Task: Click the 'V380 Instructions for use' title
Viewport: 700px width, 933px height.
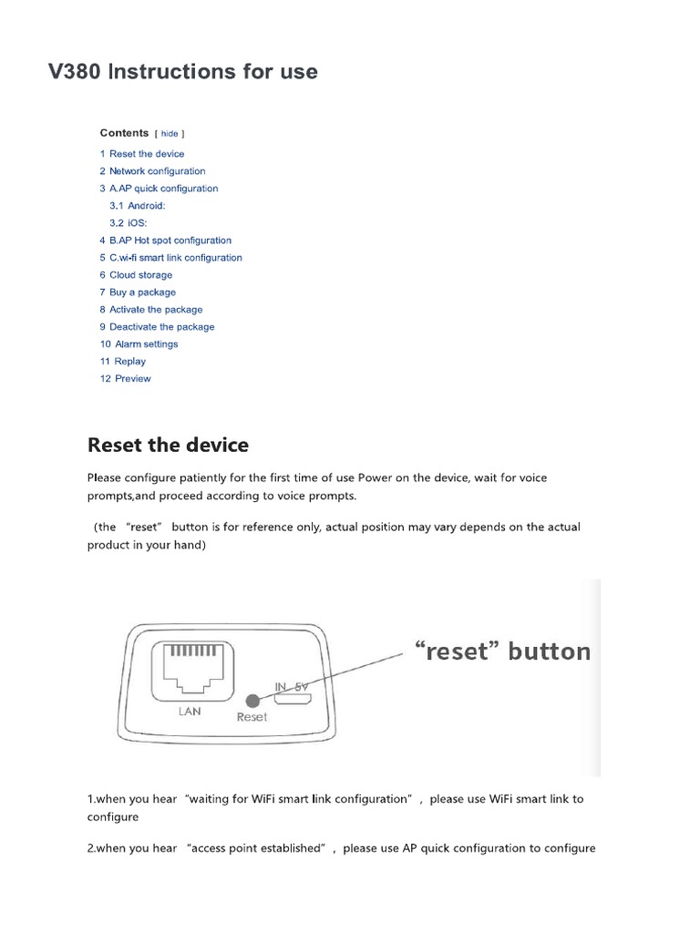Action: [x=183, y=71]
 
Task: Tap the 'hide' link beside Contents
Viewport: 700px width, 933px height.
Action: [x=170, y=133]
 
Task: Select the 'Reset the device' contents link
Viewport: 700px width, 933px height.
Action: [x=146, y=154]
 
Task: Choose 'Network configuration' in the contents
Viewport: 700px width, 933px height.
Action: [x=157, y=171]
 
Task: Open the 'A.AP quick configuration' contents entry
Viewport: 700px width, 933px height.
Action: [x=163, y=189]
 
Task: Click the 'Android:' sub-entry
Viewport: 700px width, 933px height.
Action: [x=146, y=206]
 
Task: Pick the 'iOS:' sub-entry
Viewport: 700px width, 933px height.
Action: [x=137, y=223]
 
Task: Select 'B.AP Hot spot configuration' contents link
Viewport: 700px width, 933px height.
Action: [x=170, y=241]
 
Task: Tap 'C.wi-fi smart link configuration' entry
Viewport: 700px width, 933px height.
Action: [x=175, y=258]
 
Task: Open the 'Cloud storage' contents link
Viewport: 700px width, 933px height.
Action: [x=140, y=275]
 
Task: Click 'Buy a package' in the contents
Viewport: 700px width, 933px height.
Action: [x=142, y=292]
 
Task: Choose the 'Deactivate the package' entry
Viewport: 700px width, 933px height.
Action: [x=161, y=327]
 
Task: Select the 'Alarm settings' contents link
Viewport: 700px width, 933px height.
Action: [x=146, y=344]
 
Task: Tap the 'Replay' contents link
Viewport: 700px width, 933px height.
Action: [x=129, y=362]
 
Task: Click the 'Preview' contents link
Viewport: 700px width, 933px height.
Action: [x=132, y=379]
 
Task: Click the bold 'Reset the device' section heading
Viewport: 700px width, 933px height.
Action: [x=168, y=446]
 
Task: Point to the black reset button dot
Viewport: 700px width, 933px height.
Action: [x=252, y=700]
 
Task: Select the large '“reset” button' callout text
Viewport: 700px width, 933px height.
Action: [x=502, y=651]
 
